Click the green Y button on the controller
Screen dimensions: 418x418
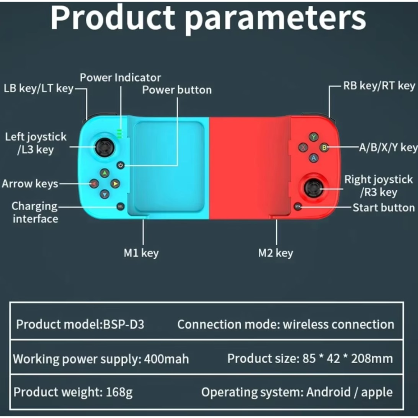coord(313,137)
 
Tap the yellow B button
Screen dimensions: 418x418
coord(324,148)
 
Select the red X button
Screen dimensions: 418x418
coord(303,148)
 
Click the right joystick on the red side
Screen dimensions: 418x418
coord(314,188)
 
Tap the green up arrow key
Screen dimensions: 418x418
coord(104,173)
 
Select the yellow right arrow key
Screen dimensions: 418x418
coord(115,184)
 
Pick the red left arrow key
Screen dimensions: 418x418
coord(94,184)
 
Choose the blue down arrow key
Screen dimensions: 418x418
coord(104,194)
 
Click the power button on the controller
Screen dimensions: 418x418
coord(120,165)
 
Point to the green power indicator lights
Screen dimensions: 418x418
coord(120,134)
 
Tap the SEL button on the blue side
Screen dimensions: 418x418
coord(120,206)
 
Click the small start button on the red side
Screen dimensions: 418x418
coord(298,206)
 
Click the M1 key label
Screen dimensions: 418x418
coord(141,253)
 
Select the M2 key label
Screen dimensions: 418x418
coord(275,253)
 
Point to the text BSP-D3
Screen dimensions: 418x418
coord(124,324)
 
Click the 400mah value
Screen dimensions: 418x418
coord(166,359)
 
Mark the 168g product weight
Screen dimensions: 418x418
coord(119,393)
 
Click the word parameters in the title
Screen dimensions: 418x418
coord(275,19)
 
